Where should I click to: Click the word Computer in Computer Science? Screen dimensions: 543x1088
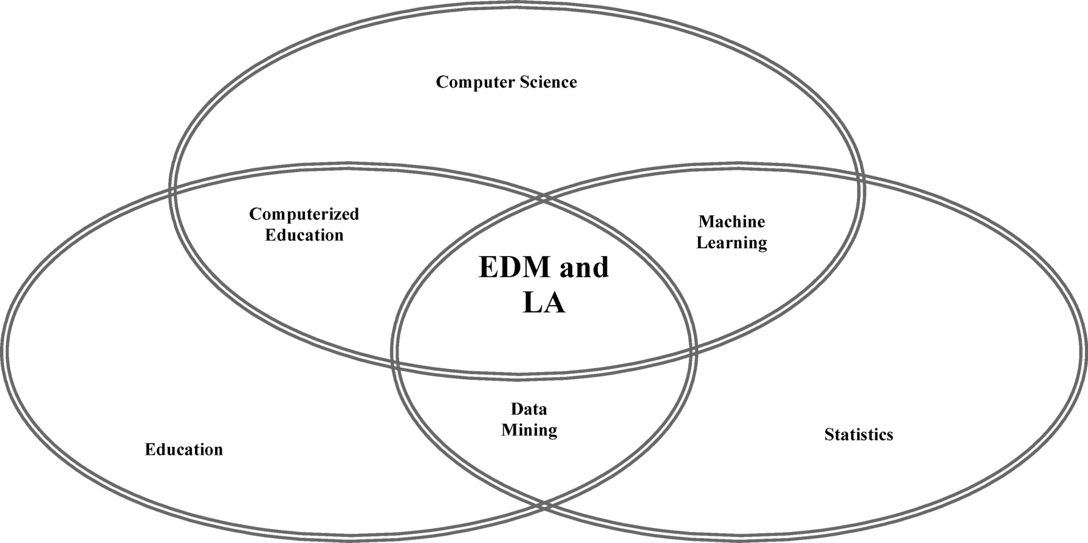coord(469,82)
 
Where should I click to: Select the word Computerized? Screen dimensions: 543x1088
coord(304,214)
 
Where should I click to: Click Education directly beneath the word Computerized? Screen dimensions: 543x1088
coord(304,235)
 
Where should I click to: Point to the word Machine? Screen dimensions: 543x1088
coord(731,221)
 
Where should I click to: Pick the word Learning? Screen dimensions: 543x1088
coord(731,243)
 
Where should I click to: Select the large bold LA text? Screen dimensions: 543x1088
coord(544,303)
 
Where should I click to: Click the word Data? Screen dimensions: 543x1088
coord(529,409)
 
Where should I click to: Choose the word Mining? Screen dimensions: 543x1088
coord(529,430)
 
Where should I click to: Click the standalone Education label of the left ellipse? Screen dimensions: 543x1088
coord(183,449)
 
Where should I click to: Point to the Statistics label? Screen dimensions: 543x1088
coord(858,435)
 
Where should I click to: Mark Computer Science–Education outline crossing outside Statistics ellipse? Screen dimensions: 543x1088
coord(173,191)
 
